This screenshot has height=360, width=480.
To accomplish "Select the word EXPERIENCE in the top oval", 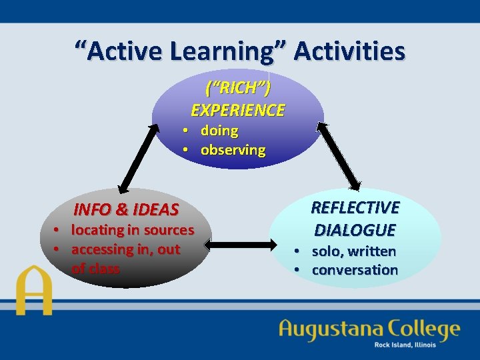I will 238,110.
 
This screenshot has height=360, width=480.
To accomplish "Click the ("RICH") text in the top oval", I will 238,87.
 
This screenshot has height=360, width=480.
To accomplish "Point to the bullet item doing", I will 219,131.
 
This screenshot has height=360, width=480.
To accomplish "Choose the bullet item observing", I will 233,150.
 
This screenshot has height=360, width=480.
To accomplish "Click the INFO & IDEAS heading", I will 126,209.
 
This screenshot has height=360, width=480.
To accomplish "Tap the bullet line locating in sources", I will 132,230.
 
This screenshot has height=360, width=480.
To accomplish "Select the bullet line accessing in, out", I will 125,249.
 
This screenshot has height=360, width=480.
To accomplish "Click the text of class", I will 95,269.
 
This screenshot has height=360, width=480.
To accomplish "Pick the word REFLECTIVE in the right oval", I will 355,208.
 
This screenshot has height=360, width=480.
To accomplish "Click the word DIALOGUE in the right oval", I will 355,230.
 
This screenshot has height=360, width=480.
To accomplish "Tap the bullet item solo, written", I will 353,251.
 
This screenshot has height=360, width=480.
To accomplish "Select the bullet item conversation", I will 355,270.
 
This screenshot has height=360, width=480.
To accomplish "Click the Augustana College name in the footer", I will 369,329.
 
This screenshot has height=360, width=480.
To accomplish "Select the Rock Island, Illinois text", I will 405,345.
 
